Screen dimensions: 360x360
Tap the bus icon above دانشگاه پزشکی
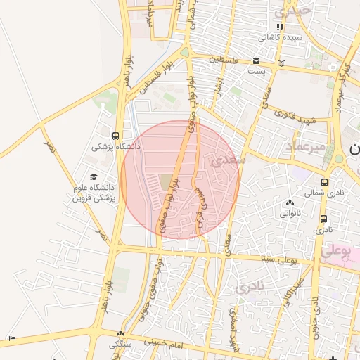click(115, 136)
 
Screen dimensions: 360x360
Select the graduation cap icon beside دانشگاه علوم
click(93, 177)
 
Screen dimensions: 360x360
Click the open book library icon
click(282, 63)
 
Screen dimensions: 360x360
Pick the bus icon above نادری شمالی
click(324, 181)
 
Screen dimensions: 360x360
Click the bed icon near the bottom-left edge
click(12, 339)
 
